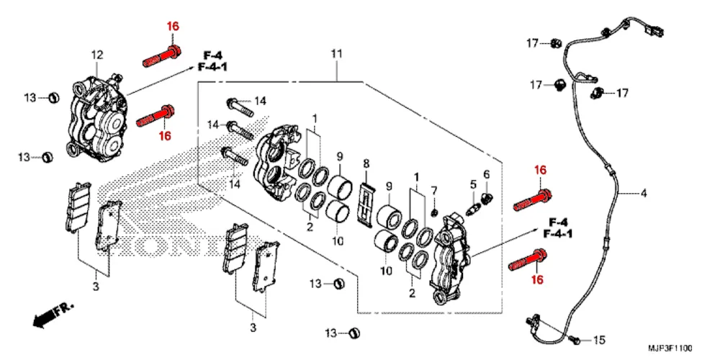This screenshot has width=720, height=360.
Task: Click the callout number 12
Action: pyautogui.click(x=97, y=55)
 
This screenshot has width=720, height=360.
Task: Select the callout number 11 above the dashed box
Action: pyautogui.click(x=336, y=54)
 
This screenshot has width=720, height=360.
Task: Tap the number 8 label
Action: pyautogui.click(x=366, y=163)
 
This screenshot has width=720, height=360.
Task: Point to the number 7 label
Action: pyautogui.click(x=433, y=190)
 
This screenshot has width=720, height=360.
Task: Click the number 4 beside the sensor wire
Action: pyautogui.click(x=643, y=193)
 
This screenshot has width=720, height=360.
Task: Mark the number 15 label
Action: pyautogui.click(x=599, y=341)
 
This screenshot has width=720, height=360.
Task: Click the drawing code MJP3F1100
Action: pyautogui.click(x=670, y=348)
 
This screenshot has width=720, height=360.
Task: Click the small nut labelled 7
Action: pyautogui.click(x=433, y=212)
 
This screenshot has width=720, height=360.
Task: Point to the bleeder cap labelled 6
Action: pyautogui.click(x=487, y=198)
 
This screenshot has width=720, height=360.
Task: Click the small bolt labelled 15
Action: pyautogui.click(x=573, y=339)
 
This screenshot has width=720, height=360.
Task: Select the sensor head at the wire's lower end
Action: pyautogui.click(x=536, y=320)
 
